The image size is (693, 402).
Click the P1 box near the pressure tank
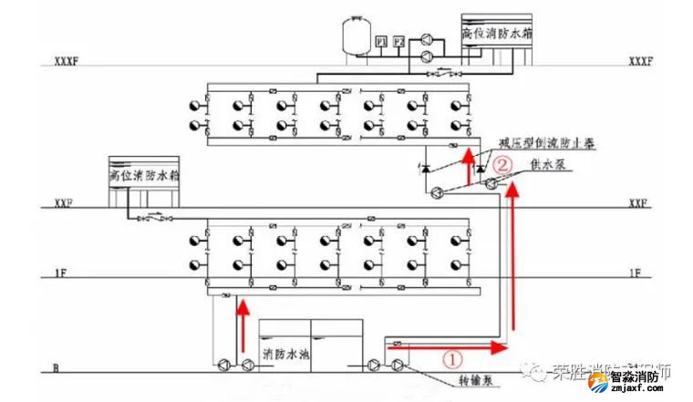(380, 40)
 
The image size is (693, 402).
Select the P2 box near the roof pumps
(398, 40)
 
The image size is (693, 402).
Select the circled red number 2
(502, 166)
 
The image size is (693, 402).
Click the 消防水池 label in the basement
(286, 353)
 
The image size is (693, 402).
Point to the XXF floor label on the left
(63, 203)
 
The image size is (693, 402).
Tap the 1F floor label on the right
(635, 273)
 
